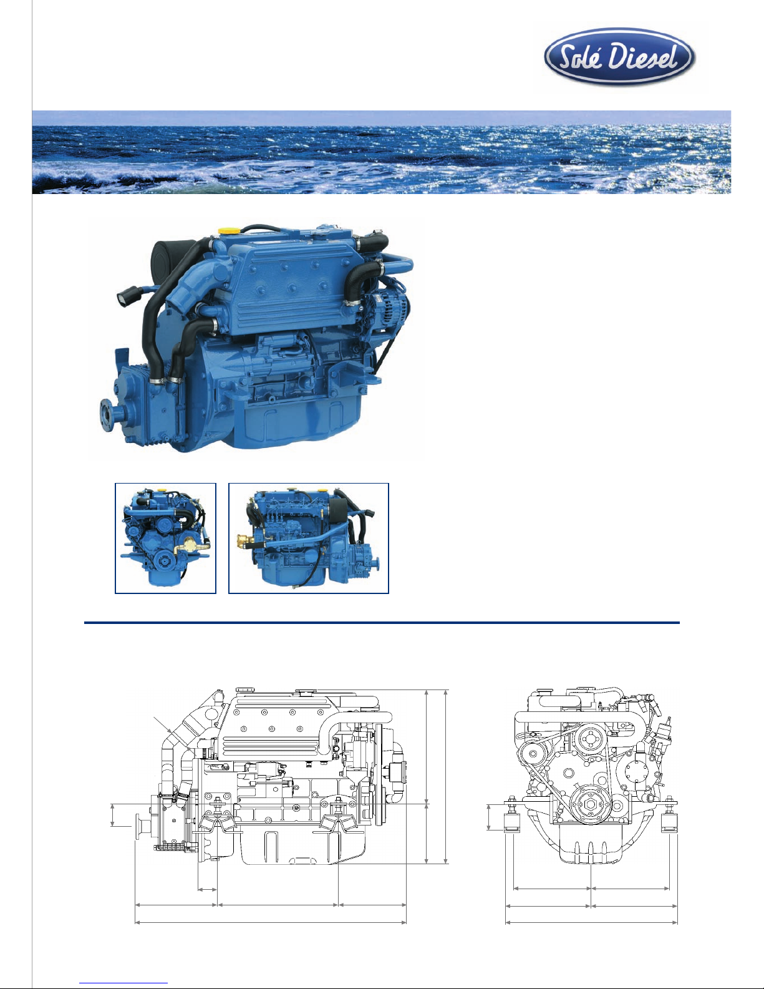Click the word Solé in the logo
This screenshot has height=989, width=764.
tap(581, 57)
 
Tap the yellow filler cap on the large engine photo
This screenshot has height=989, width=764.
tap(226, 230)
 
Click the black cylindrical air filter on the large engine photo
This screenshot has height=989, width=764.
tap(165, 258)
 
